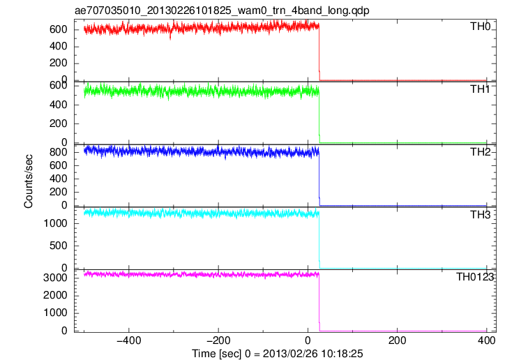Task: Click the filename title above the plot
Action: click(x=222, y=10)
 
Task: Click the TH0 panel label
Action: click(x=480, y=27)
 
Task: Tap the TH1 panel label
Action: click(x=480, y=89)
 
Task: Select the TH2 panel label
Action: click(x=480, y=152)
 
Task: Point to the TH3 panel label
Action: click(x=480, y=215)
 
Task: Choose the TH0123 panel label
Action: click(x=475, y=277)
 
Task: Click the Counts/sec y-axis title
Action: click(x=29, y=181)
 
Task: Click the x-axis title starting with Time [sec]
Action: click(x=278, y=354)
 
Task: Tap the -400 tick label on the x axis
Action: click(x=129, y=340)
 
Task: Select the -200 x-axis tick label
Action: click(x=218, y=340)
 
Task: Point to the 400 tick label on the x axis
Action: click(x=487, y=340)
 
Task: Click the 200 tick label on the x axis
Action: click(x=397, y=340)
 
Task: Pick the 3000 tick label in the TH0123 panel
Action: click(x=55, y=278)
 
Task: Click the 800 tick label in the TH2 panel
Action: click(x=59, y=152)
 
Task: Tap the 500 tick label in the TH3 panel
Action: click(x=59, y=246)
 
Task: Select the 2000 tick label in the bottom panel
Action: click(x=55, y=295)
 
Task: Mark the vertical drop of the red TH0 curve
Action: click(x=319, y=53)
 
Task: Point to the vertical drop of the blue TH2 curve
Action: click(x=319, y=179)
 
